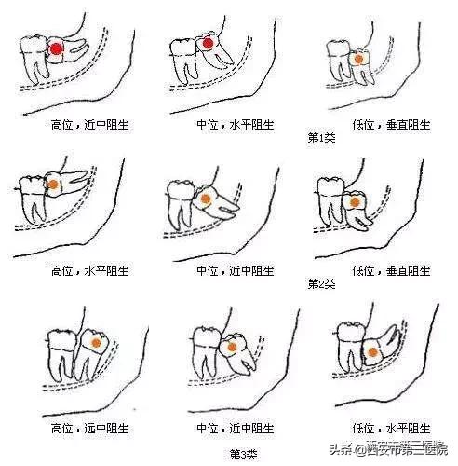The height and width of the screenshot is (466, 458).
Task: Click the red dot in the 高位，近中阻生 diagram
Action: [56, 48]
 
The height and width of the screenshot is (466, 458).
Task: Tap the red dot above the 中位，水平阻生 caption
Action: [208, 42]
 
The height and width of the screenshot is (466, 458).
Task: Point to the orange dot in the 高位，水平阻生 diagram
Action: [55, 185]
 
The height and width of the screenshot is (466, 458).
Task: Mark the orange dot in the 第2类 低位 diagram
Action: [356, 199]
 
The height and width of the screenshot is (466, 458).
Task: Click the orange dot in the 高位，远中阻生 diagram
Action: [95, 343]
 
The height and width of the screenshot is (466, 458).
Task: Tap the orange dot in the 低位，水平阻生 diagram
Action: [371, 351]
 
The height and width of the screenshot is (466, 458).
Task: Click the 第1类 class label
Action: [321, 137]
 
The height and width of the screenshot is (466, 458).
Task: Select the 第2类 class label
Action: [321, 283]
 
